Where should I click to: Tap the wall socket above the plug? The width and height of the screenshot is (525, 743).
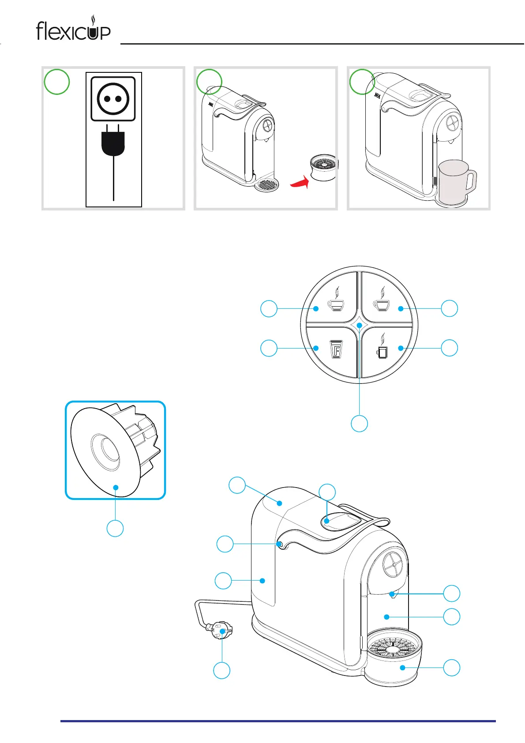coord(113,98)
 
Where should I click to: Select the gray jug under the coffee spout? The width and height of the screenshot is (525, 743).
coord(455,182)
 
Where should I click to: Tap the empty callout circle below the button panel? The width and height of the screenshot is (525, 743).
coord(359,423)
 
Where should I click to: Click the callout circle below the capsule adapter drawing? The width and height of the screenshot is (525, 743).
coord(115,528)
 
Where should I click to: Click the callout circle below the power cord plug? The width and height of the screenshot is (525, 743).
coord(221,670)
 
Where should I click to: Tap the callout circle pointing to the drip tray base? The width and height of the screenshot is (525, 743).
coord(451,668)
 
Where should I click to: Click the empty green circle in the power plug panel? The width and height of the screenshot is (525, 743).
coord(57,82)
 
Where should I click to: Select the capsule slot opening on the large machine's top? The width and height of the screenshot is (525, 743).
coord(340,521)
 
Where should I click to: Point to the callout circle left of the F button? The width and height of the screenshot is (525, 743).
coord(269,348)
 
